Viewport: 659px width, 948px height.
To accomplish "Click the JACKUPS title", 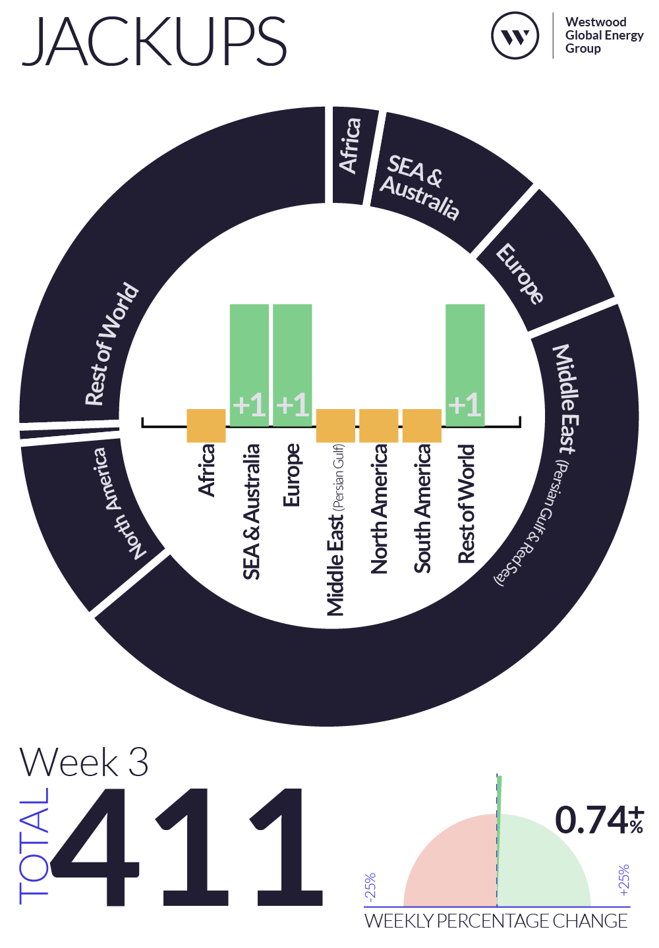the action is tap(154, 41).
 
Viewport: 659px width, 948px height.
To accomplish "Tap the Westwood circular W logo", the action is tap(515, 36).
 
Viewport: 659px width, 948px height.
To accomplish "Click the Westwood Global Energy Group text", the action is tap(604, 35).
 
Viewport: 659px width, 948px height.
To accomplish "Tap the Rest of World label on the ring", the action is tap(111, 344).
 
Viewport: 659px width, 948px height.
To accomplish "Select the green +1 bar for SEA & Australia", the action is tap(249, 365).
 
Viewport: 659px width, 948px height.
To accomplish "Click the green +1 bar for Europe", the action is tap(292, 365).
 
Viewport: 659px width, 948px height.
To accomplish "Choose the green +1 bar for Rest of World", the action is tap(465, 365).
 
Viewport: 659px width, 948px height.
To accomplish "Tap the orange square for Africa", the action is tap(206, 426).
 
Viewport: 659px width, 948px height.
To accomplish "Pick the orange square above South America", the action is tap(422, 426).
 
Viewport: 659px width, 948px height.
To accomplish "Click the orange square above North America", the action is tap(378, 426).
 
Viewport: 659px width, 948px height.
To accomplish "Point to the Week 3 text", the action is tap(84, 763).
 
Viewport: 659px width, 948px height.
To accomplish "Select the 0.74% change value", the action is tap(599, 820).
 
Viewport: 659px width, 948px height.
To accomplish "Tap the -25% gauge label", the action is tap(370, 885).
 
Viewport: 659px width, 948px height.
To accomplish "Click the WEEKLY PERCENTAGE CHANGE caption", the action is tap(496, 921).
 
